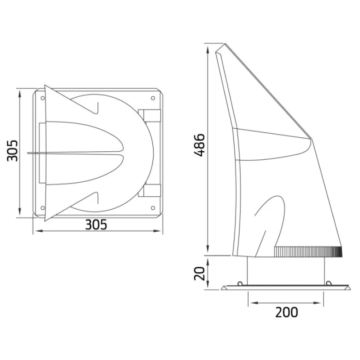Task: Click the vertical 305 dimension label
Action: [x=12, y=151]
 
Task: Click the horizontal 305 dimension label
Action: [x=96, y=224]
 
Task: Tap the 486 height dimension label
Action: [x=199, y=145]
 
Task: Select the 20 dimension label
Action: [x=199, y=273]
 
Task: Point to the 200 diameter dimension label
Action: [x=286, y=312]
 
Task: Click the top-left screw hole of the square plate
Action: [x=43, y=98]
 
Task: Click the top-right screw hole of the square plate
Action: [x=153, y=98]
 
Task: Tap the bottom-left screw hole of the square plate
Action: [x=43, y=208]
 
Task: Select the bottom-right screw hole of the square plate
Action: [x=153, y=208]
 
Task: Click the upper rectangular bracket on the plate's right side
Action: [x=149, y=115]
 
